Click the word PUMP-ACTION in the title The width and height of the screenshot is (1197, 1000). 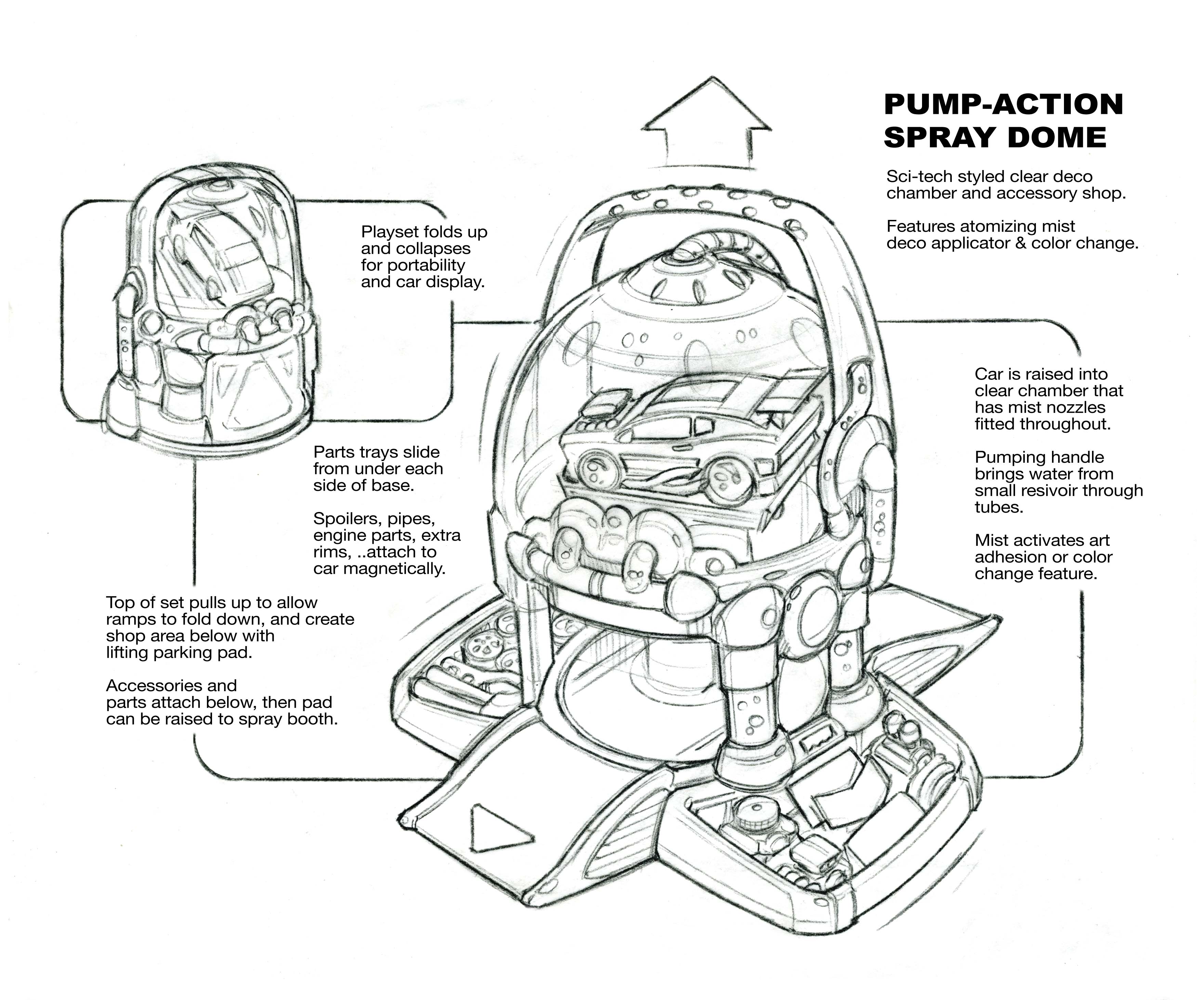coord(1003,104)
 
